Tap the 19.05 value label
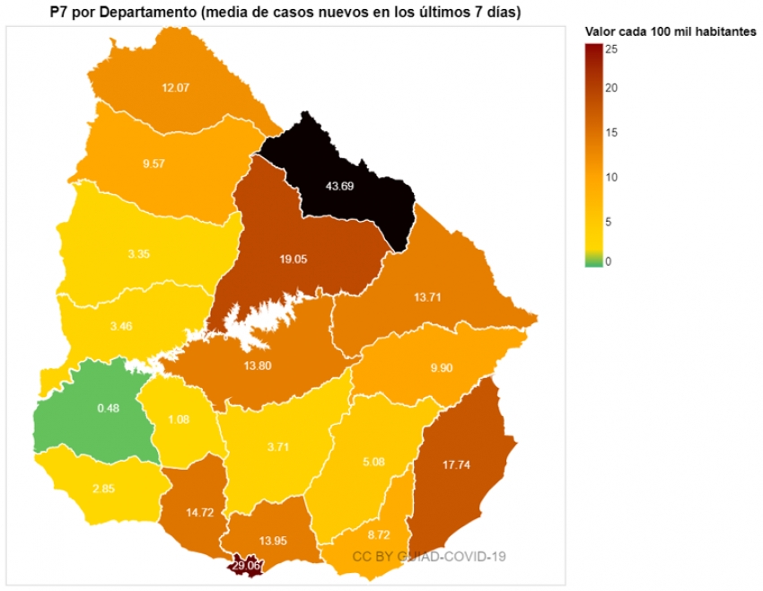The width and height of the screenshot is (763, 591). tap(294, 259)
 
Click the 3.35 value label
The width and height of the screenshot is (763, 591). tap(139, 254)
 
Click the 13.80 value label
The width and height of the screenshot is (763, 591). tap(259, 367)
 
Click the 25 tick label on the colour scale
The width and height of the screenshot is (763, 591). tap(610, 50)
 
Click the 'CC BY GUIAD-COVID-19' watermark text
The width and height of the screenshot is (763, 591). tap(428, 556)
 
